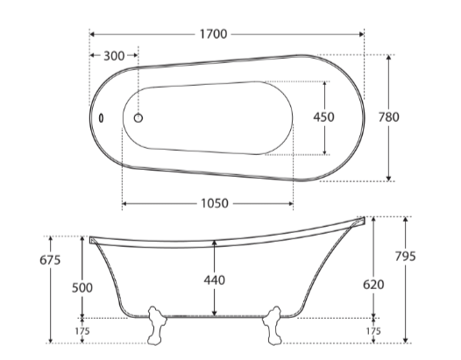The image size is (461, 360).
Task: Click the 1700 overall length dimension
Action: (214, 34)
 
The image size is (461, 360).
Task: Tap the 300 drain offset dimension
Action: (114, 56)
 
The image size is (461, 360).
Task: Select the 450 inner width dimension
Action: (323, 117)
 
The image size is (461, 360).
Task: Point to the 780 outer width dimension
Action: (388, 117)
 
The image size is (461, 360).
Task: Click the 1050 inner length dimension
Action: (215, 203)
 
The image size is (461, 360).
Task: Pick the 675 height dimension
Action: (50, 260)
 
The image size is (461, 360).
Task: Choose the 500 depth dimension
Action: (82, 287)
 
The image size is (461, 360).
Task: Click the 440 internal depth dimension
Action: (215, 280)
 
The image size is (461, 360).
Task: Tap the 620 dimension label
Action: (373, 285)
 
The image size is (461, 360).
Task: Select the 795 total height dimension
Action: (406, 257)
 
